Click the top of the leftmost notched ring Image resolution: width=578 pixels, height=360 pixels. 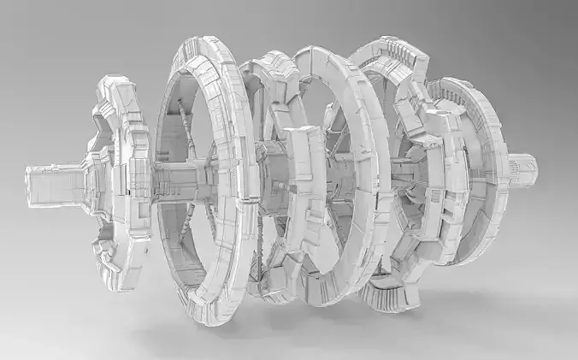pyautogui.click(x=115, y=86)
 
